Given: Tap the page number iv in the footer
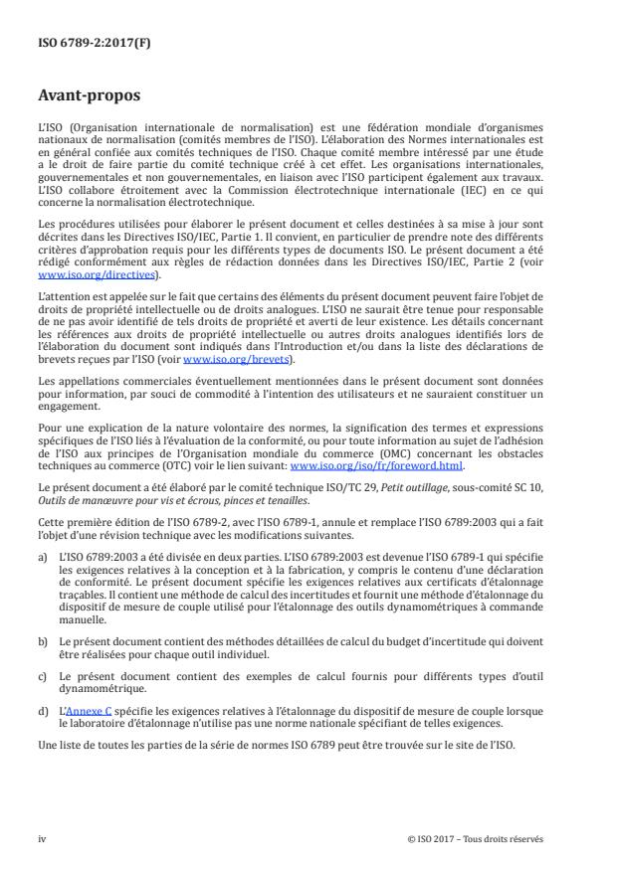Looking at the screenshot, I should coord(43,839).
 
